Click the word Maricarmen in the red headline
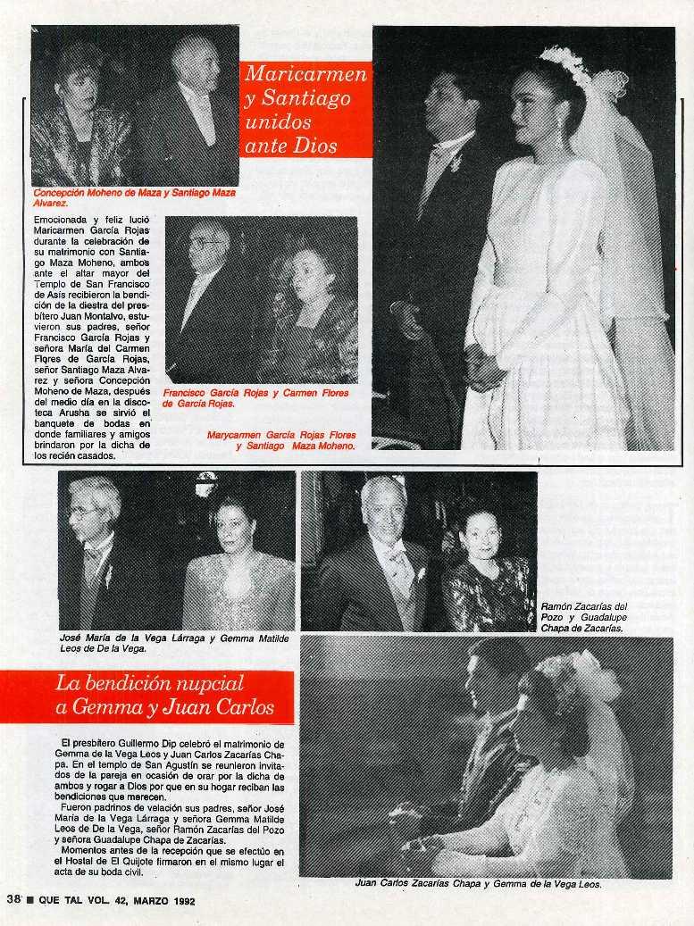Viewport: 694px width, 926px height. tap(305, 75)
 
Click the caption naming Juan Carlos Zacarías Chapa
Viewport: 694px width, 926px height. tap(478, 885)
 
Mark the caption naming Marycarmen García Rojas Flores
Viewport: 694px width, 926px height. tap(281, 440)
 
